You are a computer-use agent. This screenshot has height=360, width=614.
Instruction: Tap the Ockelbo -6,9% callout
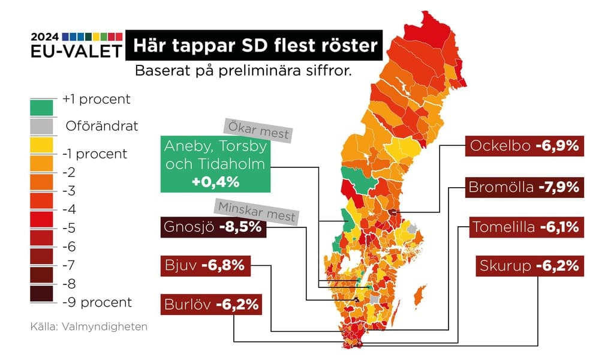[524, 146]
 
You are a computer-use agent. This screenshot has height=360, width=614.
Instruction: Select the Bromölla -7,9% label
[524, 187]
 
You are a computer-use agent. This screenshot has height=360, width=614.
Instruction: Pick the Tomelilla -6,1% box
[525, 227]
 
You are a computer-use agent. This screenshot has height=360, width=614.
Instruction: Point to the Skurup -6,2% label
[529, 266]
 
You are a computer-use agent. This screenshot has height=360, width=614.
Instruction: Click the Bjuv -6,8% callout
[206, 266]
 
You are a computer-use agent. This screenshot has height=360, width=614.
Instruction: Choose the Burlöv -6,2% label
[212, 304]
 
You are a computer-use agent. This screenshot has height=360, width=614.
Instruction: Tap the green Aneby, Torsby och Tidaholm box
[215, 164]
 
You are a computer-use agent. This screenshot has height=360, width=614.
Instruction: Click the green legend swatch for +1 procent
[41, 107]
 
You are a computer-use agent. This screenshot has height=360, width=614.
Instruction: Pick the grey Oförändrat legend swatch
[41, 127]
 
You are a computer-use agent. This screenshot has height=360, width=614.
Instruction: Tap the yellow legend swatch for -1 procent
[41, 145]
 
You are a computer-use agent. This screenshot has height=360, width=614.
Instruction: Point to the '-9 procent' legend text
[97, 302]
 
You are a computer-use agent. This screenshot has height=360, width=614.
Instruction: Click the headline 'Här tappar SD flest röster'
[254, 46]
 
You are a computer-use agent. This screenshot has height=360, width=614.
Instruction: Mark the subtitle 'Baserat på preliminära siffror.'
[243, 70]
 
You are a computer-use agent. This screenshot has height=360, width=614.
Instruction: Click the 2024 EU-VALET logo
[76, 46]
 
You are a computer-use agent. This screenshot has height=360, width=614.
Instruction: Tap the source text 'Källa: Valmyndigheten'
[89, 327]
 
